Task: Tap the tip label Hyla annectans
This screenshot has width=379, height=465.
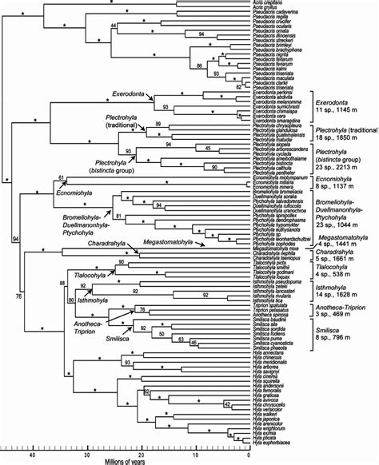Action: point(267,348)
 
